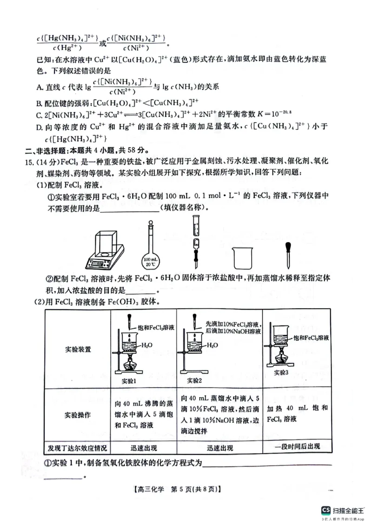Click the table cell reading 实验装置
pyautogui.click(x=77, y=350)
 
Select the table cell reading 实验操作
pyautogui.click(x=77, y=415)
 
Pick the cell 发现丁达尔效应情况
pyautogui.click(x=77, y=448)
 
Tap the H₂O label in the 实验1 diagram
pyautogui.click(x=146, y=345)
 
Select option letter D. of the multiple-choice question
pyautogui.click(x=40, y=127)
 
